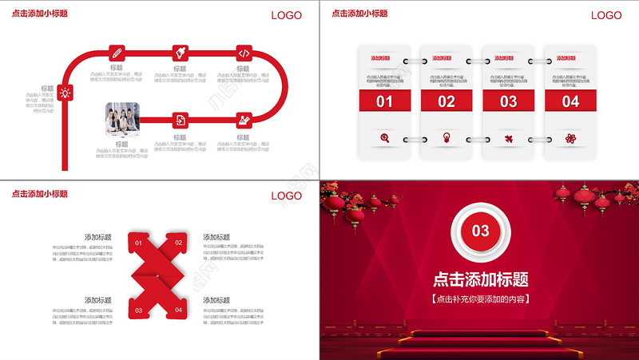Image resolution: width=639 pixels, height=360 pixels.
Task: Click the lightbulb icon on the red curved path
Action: [x=65, y=93]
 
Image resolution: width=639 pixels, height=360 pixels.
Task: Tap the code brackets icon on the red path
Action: [x=244, y=53]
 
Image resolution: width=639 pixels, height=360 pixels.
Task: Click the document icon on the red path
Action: [x=181, y=120]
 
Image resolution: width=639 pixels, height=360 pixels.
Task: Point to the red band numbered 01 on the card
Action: [x=385, y=101]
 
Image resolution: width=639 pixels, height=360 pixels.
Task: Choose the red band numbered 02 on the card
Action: [x=447, y=101]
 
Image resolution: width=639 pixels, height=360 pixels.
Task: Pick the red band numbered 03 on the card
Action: [x=509, y=101]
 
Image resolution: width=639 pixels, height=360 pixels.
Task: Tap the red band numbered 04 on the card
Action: [x=570, y=101]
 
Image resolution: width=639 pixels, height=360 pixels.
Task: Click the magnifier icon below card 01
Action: [x=385, y=138]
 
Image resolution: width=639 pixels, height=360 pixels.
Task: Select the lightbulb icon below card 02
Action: [x=447, y=138]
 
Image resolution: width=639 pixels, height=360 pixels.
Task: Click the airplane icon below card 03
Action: [x=509, y=138]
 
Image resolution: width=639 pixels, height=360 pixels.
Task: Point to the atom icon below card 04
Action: [x=570, y=138]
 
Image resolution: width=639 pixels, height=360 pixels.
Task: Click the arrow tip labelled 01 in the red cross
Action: [x=138, y=243]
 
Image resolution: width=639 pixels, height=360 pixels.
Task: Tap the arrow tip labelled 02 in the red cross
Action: [x=178, y=243]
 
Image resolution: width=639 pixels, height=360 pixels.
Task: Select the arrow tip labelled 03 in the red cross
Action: [x=138, y=309]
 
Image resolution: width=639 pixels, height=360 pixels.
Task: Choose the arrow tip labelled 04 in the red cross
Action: [x=178, y=309]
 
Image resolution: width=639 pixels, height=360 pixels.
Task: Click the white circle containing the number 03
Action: [x=480, y=231]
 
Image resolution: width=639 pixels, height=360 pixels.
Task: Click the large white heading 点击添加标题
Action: [x=480, y=279]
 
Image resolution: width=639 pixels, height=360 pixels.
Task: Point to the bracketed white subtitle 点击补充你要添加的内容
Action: [x=480, y=299]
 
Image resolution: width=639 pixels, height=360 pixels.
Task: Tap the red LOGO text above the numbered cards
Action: [x=606, y=15]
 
